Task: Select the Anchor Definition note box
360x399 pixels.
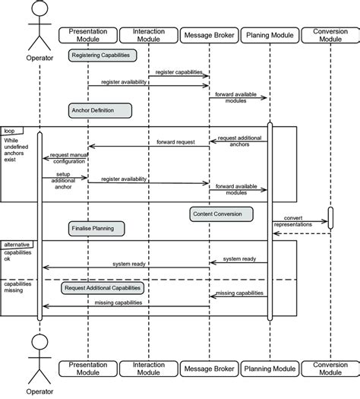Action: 99,110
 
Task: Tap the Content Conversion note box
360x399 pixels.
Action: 216,214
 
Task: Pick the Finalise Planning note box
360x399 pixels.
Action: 96,227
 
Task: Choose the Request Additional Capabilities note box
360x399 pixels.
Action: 103,289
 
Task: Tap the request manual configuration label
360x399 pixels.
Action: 68,159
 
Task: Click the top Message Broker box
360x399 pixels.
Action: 208,36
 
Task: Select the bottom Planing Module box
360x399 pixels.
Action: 269,368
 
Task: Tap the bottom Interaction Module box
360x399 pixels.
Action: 149,368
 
